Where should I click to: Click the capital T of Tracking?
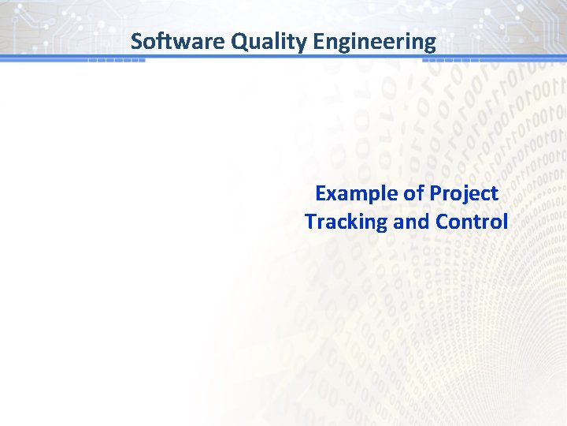(x=311, y=222)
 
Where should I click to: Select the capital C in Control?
(x=441, y=222)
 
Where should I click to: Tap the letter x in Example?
(x=331, y=193)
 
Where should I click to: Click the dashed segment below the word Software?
(x=116, y=61)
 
